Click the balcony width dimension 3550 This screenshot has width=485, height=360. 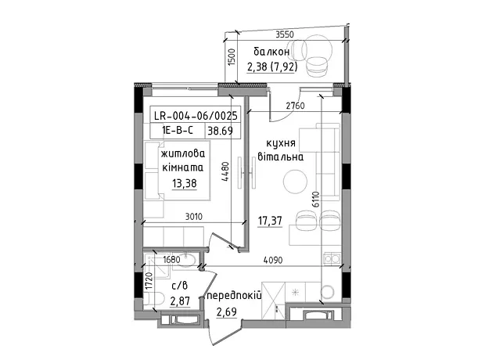coord(285,34)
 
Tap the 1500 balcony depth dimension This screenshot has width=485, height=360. coord(232,57)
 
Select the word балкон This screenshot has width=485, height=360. coord(271,52)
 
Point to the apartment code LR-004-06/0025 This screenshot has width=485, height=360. coord(196,116)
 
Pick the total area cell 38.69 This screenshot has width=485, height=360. coord(221,131)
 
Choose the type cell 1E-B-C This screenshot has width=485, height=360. coord(178,131)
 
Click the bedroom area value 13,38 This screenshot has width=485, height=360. coord(185,184)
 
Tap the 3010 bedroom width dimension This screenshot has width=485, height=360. coord(194,216)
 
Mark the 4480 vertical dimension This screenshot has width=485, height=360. coord(226,171)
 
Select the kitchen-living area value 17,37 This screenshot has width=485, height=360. coord(270,221)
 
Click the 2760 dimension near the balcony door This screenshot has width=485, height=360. coord(295,106)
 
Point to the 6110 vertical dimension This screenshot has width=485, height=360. coord(315,200)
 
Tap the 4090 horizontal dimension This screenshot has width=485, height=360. coord(273,260)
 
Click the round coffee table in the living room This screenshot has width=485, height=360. coord(296,182)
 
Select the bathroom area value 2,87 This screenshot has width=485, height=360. coord(180,301)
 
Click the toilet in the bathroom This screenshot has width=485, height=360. coord(154,299)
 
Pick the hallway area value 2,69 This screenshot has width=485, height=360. coord(227,311)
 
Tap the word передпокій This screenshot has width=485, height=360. coord(235,296)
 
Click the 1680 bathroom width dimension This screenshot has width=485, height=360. coord(171,259)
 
